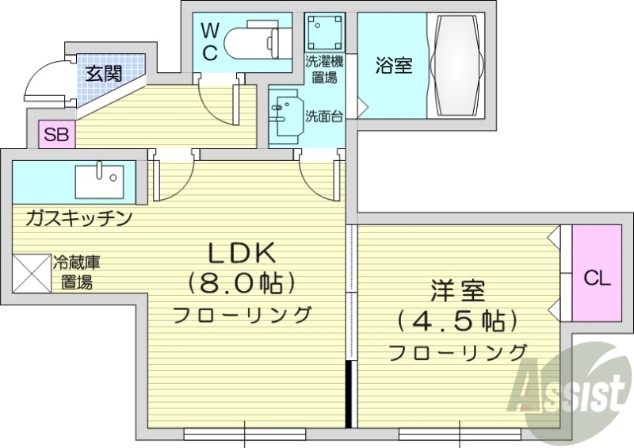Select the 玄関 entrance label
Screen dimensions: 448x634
coord(104,75)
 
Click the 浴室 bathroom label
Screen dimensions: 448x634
coord(394,66)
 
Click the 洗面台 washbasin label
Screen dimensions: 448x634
coord(324,117)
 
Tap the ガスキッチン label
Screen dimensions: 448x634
coord(78,218)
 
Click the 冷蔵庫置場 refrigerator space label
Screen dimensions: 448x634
coord(76,272)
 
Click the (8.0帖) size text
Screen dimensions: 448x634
coord(241,282)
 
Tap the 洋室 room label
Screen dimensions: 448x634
coord(457,292)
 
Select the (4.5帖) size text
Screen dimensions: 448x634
coord(458,321)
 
